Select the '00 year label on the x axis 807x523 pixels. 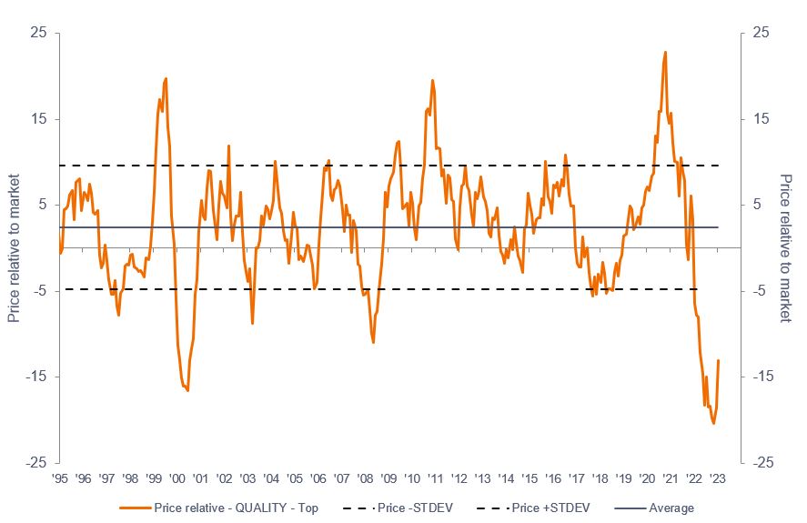click(177, 477)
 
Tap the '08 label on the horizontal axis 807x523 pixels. click(365, 477)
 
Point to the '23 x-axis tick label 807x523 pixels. click(717, 477)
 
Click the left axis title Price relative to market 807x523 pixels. click(14, 247)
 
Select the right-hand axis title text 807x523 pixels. click(785, 247)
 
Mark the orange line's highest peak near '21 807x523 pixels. click(666, 52)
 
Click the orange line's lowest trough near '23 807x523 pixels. click(713, 423)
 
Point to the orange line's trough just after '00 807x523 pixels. click(187, 390)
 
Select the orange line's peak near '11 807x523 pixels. click(432, 80)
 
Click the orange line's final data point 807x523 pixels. click(719, 360)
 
